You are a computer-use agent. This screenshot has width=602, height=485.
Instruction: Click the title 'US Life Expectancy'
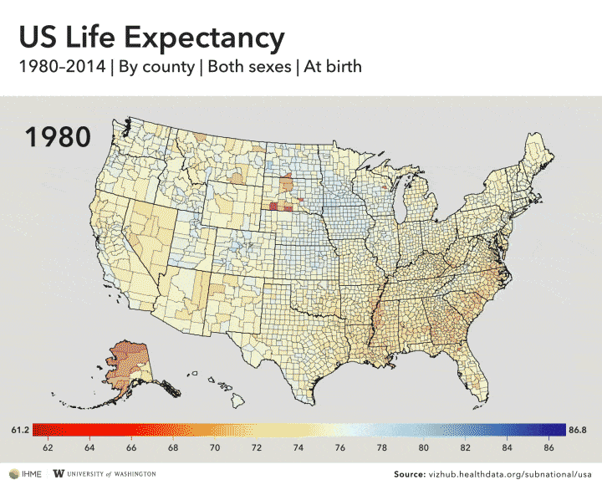tap(151, 37)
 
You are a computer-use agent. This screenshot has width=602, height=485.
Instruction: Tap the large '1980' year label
tap(58, 136)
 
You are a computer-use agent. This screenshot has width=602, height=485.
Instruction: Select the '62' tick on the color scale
tap(48, 448)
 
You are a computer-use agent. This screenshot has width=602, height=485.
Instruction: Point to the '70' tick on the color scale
tap(215, 448)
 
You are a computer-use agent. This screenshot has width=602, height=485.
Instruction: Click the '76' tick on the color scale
tap(340, 448)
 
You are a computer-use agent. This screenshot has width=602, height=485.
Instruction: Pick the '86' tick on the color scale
tap(548, 448)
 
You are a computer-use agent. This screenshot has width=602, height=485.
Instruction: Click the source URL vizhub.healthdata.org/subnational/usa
tap(510, 473)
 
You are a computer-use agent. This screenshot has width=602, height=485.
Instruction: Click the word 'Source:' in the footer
tap(409, 473)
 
